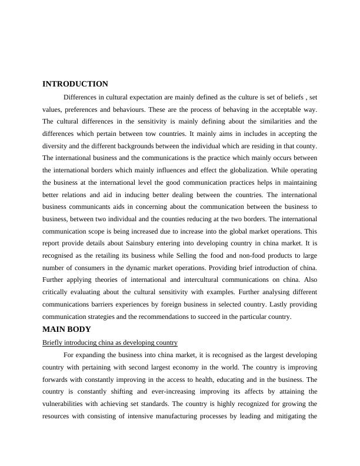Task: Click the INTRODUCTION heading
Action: click(75, 84)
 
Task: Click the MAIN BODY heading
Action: click(67, 329)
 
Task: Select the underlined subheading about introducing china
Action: click(110, 342)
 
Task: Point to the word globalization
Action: click(239, 171)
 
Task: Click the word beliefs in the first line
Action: click(292, 96)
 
